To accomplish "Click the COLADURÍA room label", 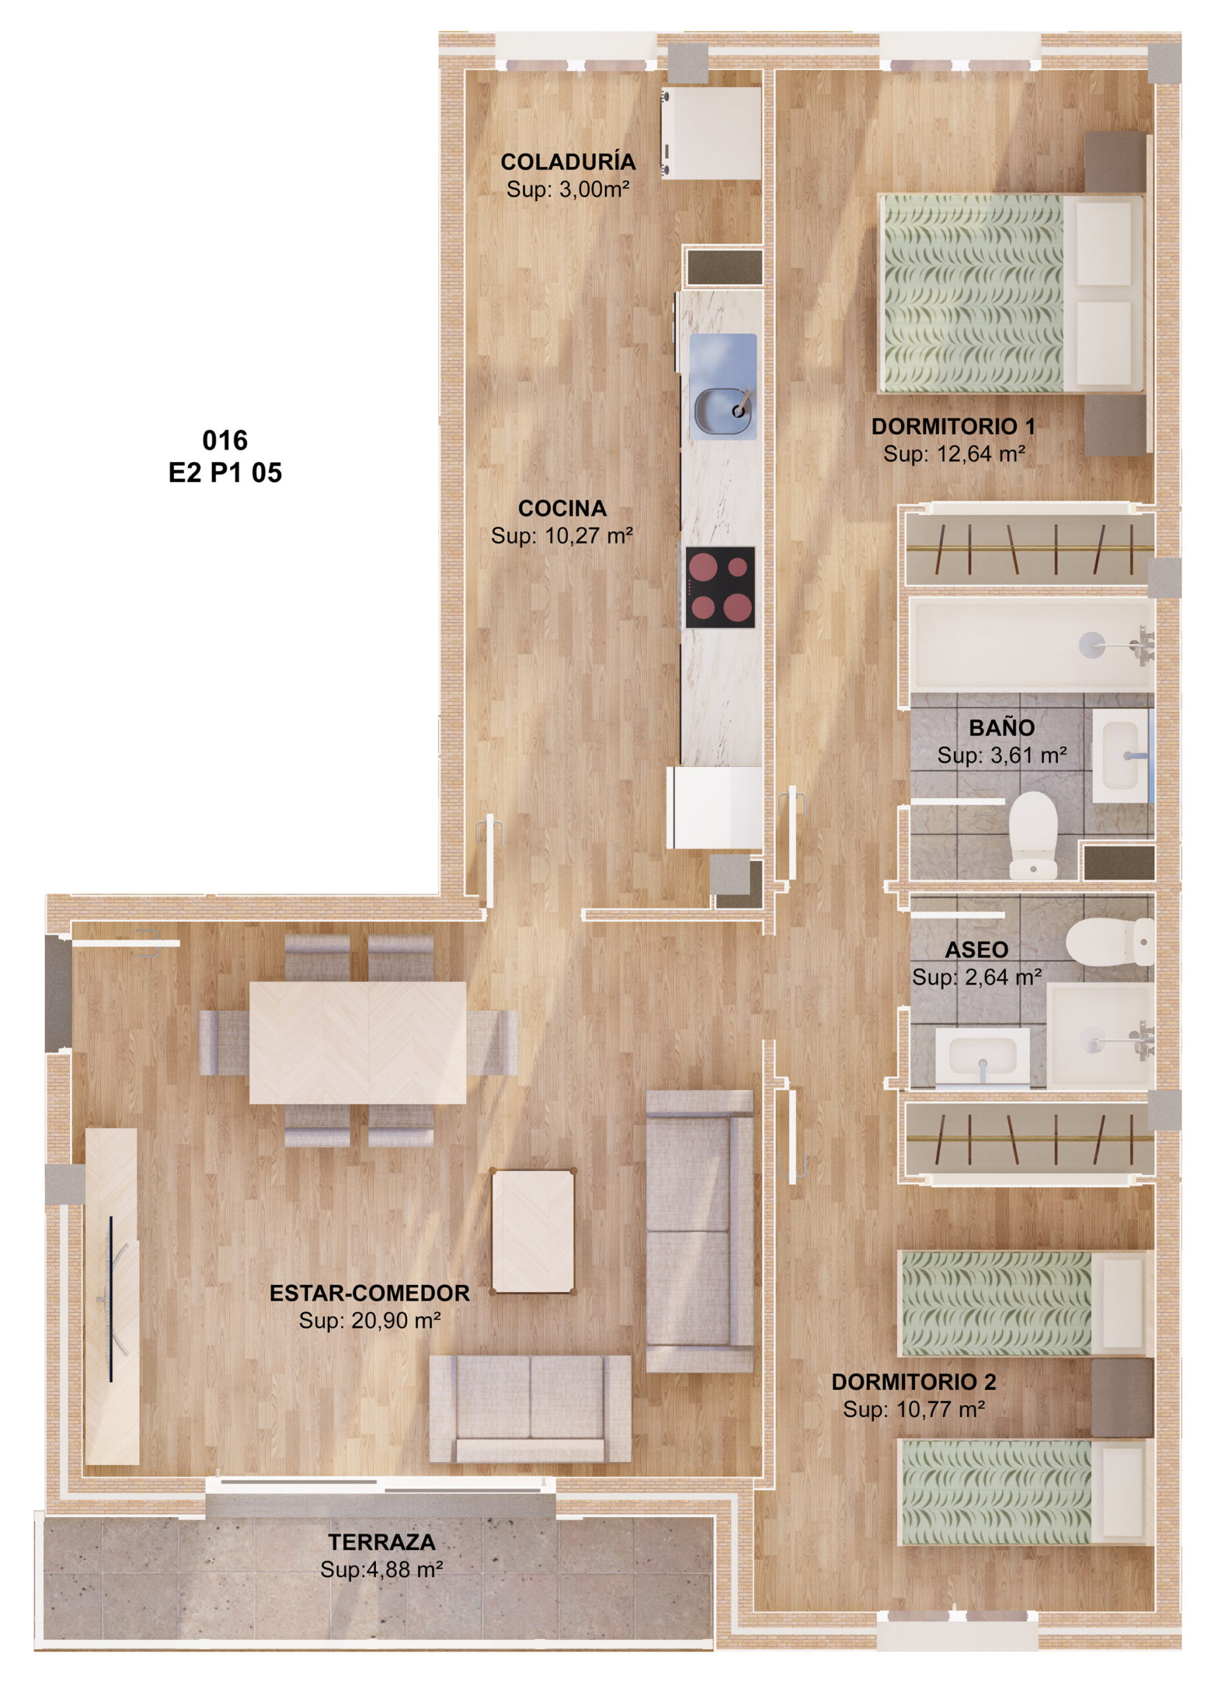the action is (567, 162).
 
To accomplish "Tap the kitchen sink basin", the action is (721, 409).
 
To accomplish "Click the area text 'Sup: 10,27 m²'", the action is (561, 535).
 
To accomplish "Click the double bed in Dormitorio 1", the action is (1010, 293).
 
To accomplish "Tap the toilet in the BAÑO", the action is (1032, 834).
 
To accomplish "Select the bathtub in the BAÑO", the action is (1031, 644).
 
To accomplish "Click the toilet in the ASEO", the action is (1109, 942).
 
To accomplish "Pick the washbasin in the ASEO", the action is (981, 1056).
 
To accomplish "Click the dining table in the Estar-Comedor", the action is (357, 1042).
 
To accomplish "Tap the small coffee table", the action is (533, 1232).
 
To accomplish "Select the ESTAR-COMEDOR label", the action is (369, 1293).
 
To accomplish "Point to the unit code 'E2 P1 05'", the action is (225, 473).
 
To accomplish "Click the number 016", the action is (225, 440).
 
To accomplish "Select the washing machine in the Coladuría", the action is (711, 133).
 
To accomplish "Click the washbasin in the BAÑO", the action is (1120, 756).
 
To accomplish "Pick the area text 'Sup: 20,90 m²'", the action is (369, 1320).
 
